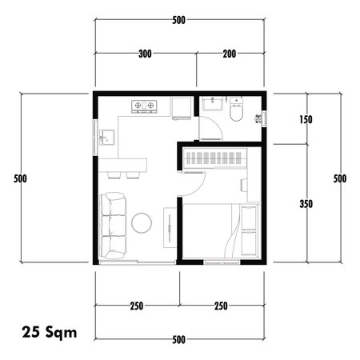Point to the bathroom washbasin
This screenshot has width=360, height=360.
[x=212, y=105]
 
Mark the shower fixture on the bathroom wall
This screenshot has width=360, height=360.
[x=258, y=118]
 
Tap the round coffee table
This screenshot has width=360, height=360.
[x=143, y=222]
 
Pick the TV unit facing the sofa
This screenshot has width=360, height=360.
[x=170, y=231]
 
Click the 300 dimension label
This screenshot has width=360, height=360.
[x=145, y=54]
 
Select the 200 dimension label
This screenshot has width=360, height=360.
[x=230, y=54]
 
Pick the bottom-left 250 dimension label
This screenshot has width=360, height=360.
[x=137, y=306]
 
